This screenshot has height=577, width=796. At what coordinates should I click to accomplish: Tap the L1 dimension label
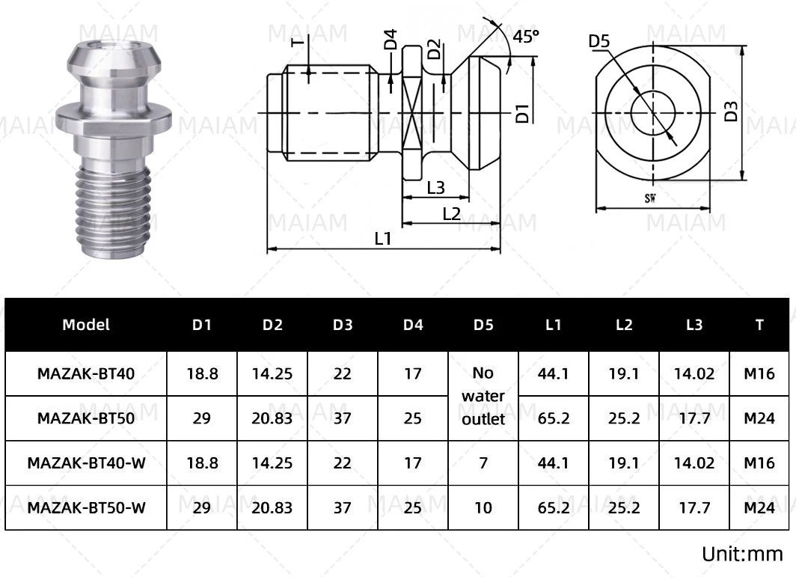383,238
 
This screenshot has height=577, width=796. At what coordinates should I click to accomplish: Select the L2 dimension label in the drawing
450,213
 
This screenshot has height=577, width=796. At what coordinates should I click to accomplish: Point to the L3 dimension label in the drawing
435,187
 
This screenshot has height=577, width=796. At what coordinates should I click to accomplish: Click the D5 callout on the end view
600,41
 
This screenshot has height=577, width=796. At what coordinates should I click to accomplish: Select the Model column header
86,325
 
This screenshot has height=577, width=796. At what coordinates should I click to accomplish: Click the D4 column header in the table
413,325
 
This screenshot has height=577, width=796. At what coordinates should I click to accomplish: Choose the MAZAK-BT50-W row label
86,508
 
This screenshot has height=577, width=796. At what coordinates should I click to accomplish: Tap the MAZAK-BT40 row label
86,373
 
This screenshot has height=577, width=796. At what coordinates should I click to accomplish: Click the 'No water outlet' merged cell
483,396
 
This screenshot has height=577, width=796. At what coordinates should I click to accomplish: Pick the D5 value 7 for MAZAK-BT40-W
483,463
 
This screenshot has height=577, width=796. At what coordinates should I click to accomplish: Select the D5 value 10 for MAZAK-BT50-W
483,508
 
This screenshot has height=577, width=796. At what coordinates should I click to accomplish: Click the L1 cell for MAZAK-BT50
554,418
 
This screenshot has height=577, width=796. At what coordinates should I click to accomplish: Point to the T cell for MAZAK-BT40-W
759,463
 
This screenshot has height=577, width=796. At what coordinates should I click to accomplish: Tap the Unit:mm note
741,555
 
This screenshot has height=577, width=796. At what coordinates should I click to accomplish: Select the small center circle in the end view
652,112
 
